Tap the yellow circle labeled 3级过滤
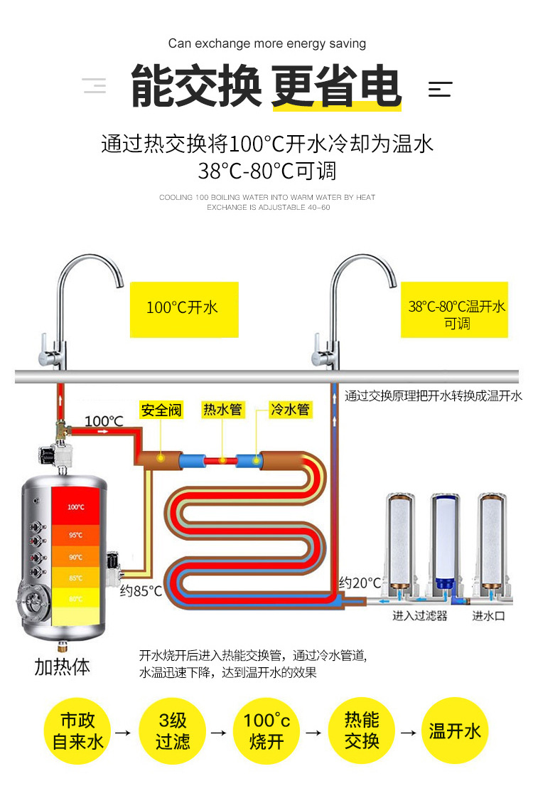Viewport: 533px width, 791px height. pos(173,731)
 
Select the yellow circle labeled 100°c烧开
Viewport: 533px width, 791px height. pos(267,731)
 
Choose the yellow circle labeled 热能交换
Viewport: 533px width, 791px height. pos(362,731)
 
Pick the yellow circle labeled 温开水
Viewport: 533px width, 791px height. pos(456,731)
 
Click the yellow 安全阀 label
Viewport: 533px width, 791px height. pos(161,410)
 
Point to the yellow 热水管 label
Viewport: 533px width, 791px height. pos(222,410)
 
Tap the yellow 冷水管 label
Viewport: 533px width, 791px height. pos(290,410)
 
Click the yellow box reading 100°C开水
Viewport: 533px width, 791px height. pos(183,308)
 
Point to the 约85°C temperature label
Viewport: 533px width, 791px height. pos(141,591)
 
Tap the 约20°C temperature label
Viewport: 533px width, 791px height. pos(360,583)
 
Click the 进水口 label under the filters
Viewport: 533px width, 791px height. pos(488,615)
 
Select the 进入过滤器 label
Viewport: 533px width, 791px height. pos(420,615)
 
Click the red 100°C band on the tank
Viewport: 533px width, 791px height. pos(77,507)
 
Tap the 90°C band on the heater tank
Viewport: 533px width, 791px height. pos(77,557)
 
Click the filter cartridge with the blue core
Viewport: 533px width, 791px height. pos(446,541)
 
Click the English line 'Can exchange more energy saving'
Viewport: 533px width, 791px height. pos(267,44)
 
